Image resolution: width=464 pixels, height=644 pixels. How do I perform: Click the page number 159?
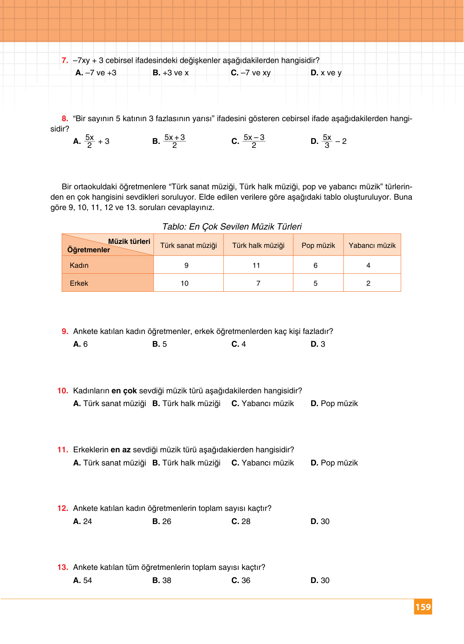[423, 607]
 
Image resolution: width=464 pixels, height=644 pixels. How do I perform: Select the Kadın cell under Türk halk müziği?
[257, 265]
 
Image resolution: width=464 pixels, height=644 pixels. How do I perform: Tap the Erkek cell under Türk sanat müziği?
[185, 283]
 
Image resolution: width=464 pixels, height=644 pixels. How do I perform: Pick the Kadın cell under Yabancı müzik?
[368, 265]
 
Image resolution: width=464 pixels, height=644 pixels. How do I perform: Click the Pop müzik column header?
[318, 245]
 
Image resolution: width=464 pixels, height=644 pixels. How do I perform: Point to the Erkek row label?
[79, 283]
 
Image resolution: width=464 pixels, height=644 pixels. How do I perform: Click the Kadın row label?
[79, 265]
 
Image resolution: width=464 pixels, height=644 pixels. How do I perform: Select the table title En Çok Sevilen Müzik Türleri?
[232, 227]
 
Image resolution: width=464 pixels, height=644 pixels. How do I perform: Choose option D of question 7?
[326, 73]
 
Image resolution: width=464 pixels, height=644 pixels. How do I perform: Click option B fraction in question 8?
[174, 141]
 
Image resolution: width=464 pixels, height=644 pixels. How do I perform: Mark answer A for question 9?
[81, 344]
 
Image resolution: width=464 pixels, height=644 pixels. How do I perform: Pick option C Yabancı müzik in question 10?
[263, 403]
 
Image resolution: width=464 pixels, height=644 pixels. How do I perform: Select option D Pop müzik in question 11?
[334, 463]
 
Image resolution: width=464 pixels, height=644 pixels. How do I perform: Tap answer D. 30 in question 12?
[320, 521]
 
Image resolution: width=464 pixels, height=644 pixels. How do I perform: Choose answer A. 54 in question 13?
[83, 580]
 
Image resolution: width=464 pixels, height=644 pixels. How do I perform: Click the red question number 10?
[63, 391]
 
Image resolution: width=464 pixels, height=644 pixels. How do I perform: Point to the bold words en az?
[120, 450]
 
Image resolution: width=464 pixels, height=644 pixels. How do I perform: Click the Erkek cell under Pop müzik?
[316, 283]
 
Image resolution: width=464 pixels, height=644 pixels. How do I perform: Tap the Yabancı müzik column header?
[372, 245]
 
